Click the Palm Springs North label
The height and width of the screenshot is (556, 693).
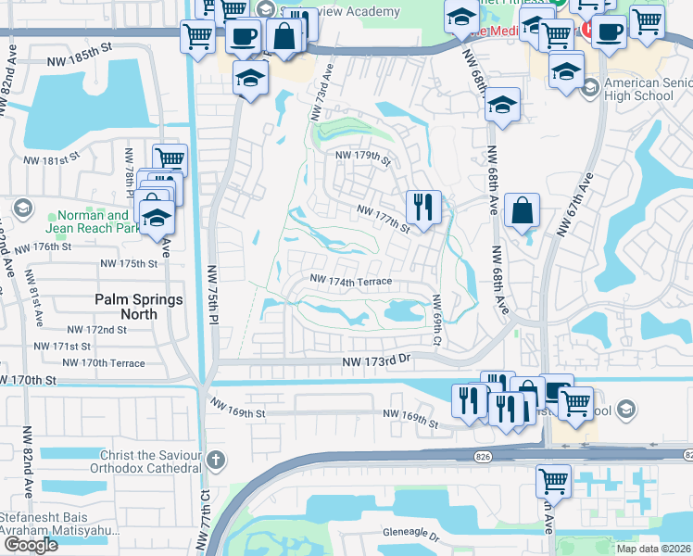click(138, 307)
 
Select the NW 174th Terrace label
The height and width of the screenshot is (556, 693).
click(351, 280)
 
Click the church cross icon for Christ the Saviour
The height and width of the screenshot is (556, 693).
click(215, 460)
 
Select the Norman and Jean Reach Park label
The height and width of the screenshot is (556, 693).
click(88, 222)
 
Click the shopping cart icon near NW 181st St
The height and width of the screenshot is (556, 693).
click(170, 158)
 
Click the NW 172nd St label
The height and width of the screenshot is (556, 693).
click(96, 330)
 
